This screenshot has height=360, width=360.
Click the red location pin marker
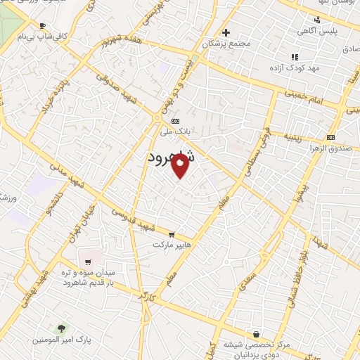pyautogui.click(x=181, y=167)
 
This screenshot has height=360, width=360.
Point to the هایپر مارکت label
pyautogui.click(x=171, y=245)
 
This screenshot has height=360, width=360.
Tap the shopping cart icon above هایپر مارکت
pyautogui.click(x=172, y=235)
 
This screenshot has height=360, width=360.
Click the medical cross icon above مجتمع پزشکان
pyautogui.click(x=226, y=33)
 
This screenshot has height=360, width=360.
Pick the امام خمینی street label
pyautogui.click(x=302, y=96)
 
